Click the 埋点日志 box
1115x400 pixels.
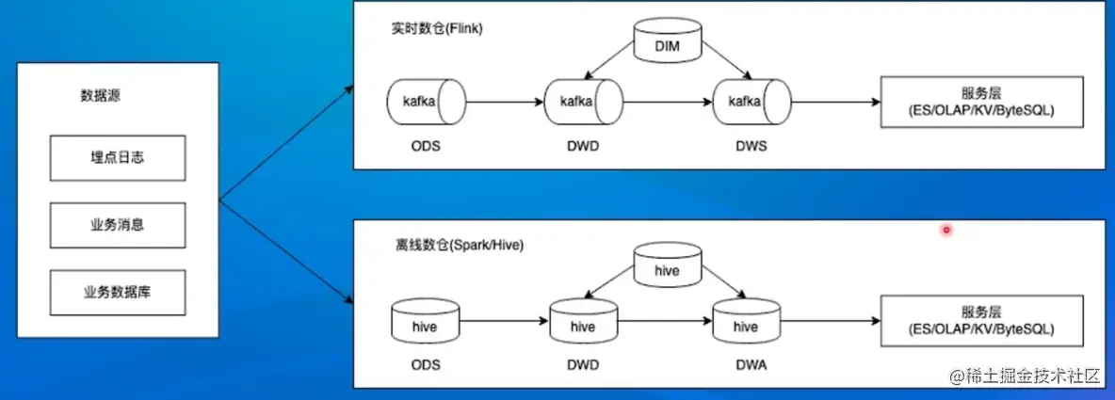pos(118,159)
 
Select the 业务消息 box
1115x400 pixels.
pos(118,226)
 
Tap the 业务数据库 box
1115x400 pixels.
pos(118,293)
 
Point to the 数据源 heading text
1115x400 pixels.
pos(100,96)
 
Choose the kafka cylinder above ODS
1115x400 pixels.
pos(426,102)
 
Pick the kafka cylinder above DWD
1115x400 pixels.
pos(583,102)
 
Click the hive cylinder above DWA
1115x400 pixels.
pos(745,325)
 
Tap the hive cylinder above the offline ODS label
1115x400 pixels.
pos(425,326)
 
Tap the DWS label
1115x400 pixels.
pos(751,148)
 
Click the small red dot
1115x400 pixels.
pos(946,229)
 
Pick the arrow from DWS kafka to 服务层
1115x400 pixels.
pos(833,102)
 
